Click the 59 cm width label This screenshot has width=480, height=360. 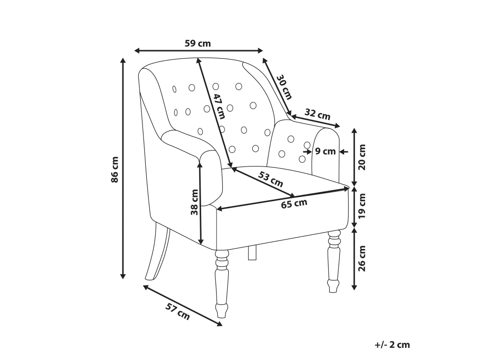[x=198, y=44]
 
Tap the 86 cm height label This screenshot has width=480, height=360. [x=115, y=170]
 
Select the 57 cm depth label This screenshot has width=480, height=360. [x=178, y=311]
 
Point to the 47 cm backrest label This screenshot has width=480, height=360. [x=219, y=106]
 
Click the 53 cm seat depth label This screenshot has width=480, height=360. [x=270, y=180]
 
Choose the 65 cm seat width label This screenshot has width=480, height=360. [x=294, y=203]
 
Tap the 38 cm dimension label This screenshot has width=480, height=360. [x=195, y=202]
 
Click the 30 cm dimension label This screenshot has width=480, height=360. [x=285, y=87]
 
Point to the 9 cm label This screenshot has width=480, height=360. [x=325, y=151]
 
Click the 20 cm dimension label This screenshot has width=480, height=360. [x=362, y=157]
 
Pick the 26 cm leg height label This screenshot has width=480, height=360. [x=362, y=258]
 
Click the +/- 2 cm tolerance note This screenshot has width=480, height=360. [x=392, y=345]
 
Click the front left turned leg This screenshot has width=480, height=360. [x=222, y=284]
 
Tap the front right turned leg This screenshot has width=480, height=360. [x=334, y=262]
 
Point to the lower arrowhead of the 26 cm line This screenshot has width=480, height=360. [x=354, y=287]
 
